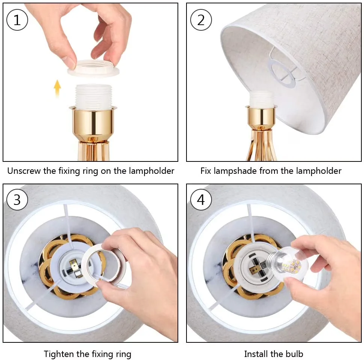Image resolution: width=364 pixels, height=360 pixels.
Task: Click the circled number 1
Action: (x=17, y=20)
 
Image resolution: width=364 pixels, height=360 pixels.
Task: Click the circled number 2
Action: (x=201, y=20)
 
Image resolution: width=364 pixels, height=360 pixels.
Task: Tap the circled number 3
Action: (x=17, y=200)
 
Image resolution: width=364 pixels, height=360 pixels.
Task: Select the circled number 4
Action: (x=201, y=200)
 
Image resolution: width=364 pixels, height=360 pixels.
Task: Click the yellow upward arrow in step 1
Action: (x=57, y=89)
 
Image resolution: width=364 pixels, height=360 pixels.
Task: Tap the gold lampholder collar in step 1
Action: (x=93, y=122)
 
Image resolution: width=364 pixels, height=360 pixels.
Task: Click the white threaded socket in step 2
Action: (x=261, y=99)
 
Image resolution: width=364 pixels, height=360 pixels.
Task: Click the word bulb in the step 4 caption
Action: (x=294, y=354)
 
